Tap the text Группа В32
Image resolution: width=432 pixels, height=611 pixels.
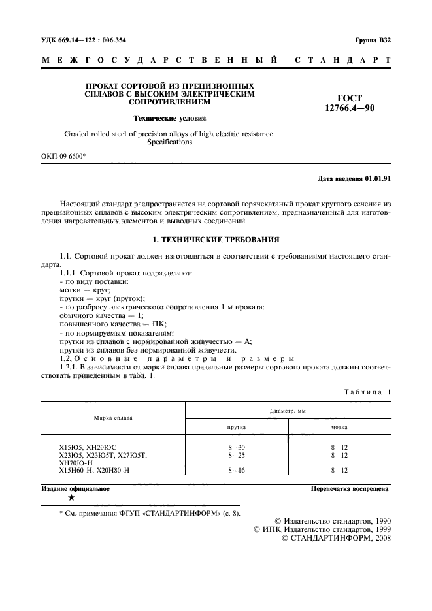coord(373,40)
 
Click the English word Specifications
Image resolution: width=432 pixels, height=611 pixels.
coord(169,142)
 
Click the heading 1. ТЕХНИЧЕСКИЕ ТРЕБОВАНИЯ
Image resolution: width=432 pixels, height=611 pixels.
coord(216,240)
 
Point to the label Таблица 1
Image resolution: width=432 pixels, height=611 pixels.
coord(367,391)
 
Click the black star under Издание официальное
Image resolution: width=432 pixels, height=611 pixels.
coord(71,498)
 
